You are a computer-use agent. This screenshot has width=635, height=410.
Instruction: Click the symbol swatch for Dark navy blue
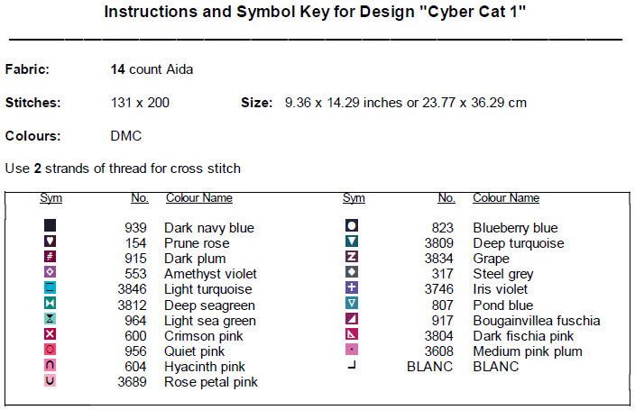click(50, 225)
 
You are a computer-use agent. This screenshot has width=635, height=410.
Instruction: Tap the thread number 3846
click(132, 289)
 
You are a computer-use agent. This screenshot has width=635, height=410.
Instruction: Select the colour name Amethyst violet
click(210, 274)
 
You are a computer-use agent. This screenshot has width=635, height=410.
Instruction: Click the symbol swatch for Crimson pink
click(50, 334)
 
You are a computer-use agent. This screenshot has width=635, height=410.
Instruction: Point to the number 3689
click(132, 382)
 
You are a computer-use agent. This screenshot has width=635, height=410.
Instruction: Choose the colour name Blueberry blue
click(515, 228)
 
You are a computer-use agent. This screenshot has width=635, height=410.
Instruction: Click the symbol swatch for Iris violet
click(352, 287)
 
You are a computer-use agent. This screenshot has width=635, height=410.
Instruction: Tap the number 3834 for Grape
click(439, 259)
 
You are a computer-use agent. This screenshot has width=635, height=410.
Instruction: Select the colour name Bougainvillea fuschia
click(537, 321)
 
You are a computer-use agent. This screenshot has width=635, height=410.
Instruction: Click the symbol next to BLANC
click(352, 366)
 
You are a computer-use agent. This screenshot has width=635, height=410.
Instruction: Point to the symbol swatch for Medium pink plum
click(352, 350)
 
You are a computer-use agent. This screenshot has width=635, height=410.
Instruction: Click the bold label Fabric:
click(27, 69)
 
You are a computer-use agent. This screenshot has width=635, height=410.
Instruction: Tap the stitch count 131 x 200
click(140, 103)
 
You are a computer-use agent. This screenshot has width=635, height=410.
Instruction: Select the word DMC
click(126, 136)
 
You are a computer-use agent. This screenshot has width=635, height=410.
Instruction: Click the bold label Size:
click(257, 103)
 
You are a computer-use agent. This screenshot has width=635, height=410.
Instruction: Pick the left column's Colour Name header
click(199, 198)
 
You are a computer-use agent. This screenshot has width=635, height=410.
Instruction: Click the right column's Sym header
click(354, 198)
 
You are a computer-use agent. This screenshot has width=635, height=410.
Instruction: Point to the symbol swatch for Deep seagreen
click(50, 303)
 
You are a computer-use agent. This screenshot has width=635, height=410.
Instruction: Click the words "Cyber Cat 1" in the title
click(473, 12)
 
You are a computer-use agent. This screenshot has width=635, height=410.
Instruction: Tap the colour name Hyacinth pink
click(205, 367)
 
